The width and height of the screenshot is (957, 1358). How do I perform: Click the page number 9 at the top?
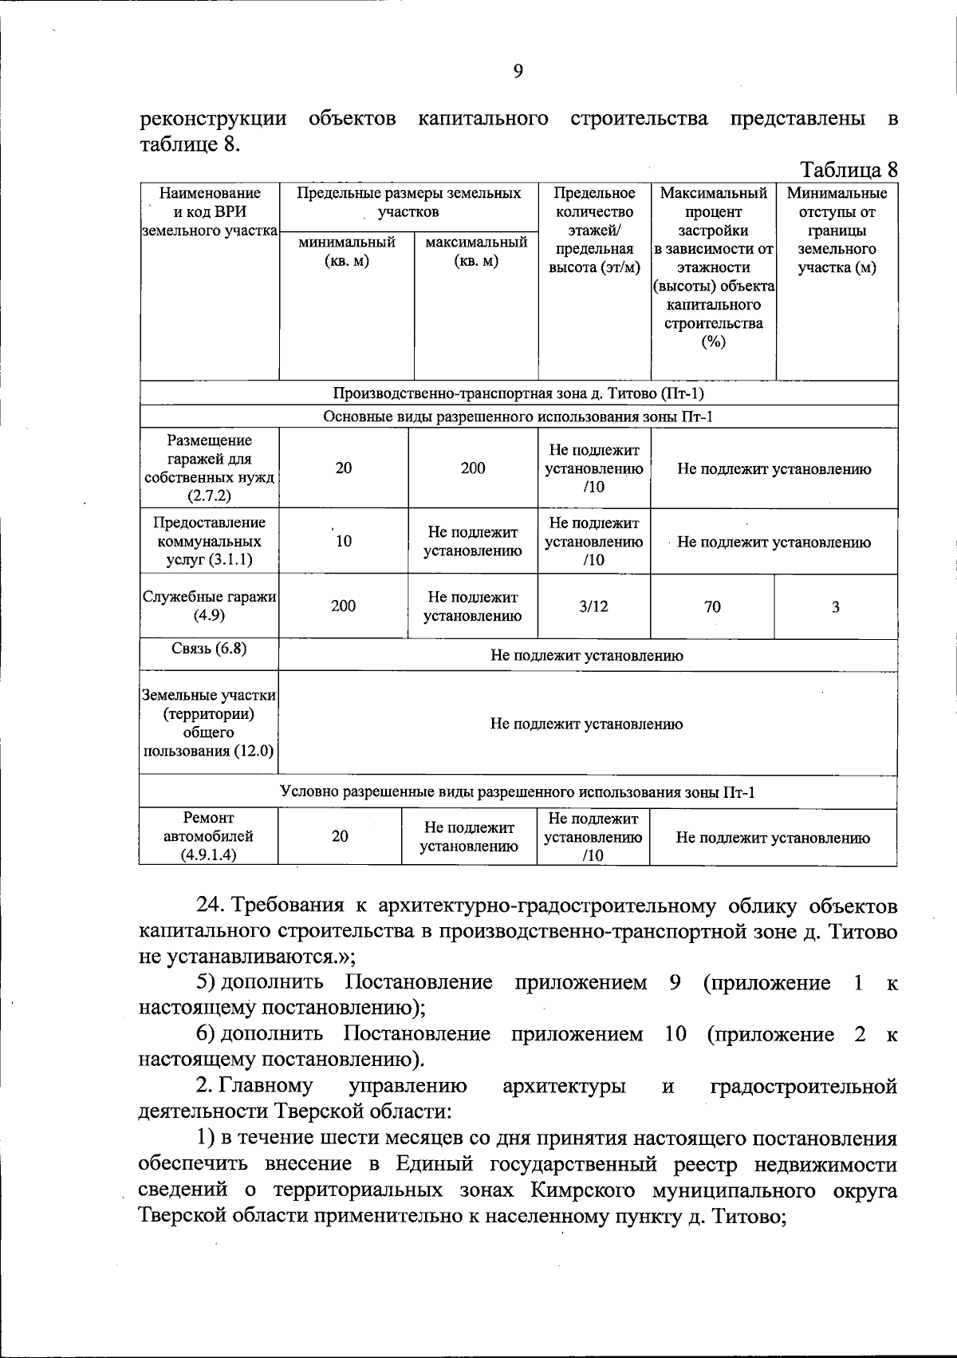coord(518,72)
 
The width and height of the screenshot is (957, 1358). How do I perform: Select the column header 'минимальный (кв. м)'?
coord(346,251)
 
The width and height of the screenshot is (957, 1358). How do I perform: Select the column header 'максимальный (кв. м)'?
coord(476,251)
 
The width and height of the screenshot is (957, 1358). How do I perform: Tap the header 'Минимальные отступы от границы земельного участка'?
coord(837,231)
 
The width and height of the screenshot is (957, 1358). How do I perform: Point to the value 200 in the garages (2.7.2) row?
coord(473,468)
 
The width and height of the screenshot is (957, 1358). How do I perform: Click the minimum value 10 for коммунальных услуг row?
coord(344,542)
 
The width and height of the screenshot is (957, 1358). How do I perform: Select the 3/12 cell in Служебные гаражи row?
coord(593,606)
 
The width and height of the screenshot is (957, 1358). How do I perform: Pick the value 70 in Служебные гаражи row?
coord(712,607)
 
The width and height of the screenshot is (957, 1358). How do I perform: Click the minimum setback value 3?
coord(836,607)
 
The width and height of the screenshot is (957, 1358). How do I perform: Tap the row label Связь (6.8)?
coord(209,649)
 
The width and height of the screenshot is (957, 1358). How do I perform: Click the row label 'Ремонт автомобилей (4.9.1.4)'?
coord(208,836)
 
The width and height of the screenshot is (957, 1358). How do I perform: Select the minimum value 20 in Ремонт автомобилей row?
coord(341,836)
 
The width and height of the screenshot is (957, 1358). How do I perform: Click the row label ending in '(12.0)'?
coord(209,723)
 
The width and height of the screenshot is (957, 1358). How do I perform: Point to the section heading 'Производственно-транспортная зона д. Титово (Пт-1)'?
coord(518,394)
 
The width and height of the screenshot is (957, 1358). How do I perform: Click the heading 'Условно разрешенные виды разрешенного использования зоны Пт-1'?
coord(518,792)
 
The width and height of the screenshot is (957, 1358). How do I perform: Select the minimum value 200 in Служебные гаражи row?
coord(344,606)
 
